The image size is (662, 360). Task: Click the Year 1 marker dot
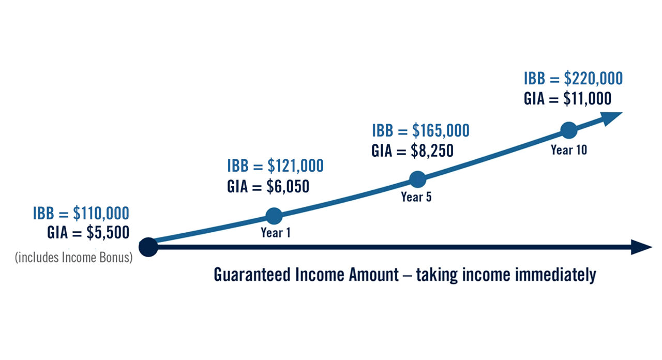[x=274, y=216]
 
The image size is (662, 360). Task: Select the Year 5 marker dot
[x=417, y=179]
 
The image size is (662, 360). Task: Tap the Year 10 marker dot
[x=568, y=130]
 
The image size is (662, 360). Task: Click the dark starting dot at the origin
[x=148, y=247]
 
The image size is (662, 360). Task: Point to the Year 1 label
[x=275, y=233]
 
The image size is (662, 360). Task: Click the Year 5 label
[x=416, y=197]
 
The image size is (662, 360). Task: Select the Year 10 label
[x=569, y=150]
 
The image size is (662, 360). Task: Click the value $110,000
[x=101, y=213]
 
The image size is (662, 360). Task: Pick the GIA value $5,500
[x=108, y=233]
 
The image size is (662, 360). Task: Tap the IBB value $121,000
[x=295, y=166]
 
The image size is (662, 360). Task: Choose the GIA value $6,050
[x=288, y=186]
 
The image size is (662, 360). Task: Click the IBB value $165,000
[x=441, y=131]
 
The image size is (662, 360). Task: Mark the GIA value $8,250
[x=432, y=151]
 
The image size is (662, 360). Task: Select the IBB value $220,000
[x=593, y=79]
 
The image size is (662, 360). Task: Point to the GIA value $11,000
[x=587, y=98]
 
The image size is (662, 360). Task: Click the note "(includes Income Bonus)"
[x=74, y=257]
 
